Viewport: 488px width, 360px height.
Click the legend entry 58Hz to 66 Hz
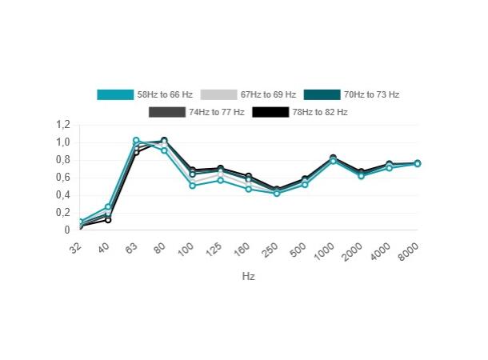point(165,94)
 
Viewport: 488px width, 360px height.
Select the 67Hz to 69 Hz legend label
point(268,94)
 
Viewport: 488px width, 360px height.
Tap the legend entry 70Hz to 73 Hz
point(371,94)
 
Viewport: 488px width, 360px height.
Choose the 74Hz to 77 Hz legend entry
point(216,112)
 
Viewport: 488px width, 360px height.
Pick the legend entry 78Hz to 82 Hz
point(319,112)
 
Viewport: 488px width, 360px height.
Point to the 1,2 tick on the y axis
point(63,125)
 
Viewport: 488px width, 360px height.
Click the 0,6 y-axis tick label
point(63,178)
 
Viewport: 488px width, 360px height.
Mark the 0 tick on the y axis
point(68,230)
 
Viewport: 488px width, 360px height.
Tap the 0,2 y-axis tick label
point(63,213)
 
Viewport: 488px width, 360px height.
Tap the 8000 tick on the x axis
point(410,251)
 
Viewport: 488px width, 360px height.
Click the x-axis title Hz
point(248,276)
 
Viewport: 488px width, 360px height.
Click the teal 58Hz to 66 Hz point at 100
point(193,186)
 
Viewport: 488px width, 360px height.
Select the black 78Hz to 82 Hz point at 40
point(108,220)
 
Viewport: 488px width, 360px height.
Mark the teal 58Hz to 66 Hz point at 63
point(136,141)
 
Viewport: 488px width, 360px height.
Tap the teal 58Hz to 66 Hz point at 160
point(249,190)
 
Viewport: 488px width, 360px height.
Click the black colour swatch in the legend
point(270,112)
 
